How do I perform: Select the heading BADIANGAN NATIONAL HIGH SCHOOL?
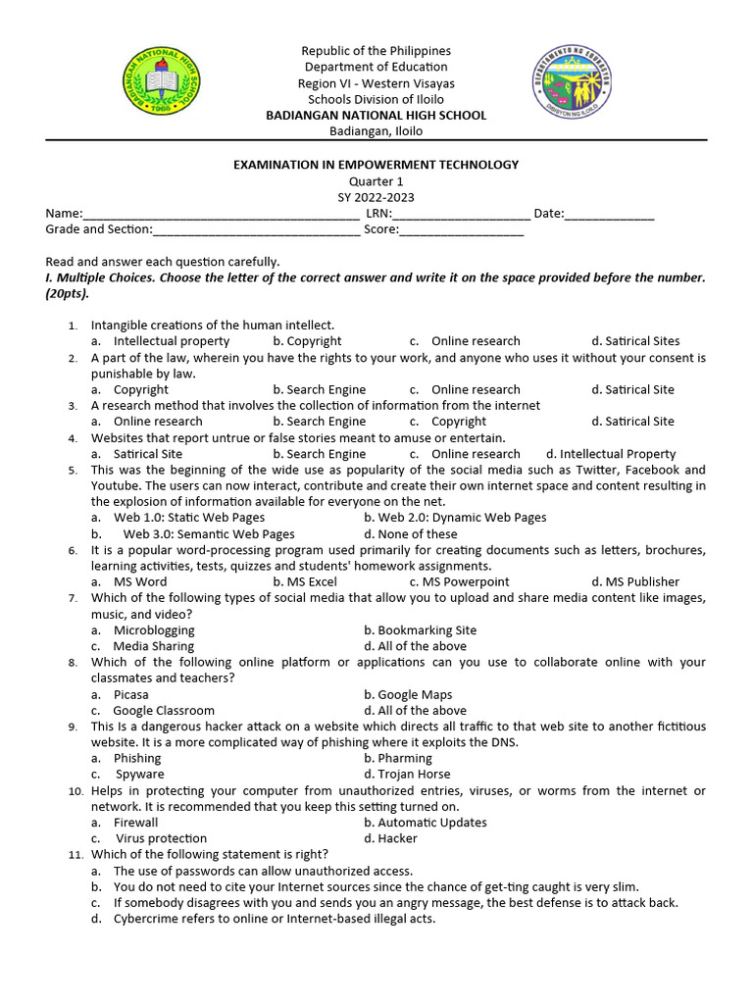click(x=376, y=115)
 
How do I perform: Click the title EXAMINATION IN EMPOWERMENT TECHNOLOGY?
click(x=376, y=165)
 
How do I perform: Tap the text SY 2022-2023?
click(x=376, y=197)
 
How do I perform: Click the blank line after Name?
click(x=221, y=214)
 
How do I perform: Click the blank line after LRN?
click(x=462, y=214)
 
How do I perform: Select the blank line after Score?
click(x=461, y=229)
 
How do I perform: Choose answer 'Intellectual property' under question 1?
click(x=171, y=341)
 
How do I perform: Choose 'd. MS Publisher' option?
click(x=635, y=582)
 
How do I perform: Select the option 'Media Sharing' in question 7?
click(x=153, y=646)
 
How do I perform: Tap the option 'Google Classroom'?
click(x=163, y=711)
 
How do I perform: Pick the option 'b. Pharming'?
click(x=397, y=759)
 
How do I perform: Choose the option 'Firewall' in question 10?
click(x=135, y=823)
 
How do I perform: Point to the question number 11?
click(x=75, y=855)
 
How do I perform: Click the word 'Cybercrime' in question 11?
click(x=146, y=919)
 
